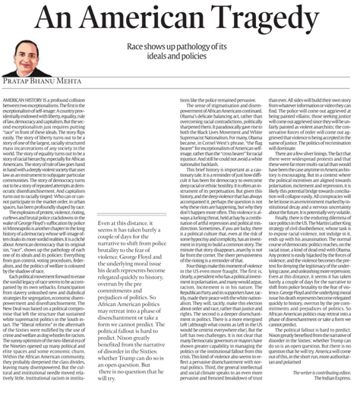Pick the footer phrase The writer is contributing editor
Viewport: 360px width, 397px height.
coord(324,384)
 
